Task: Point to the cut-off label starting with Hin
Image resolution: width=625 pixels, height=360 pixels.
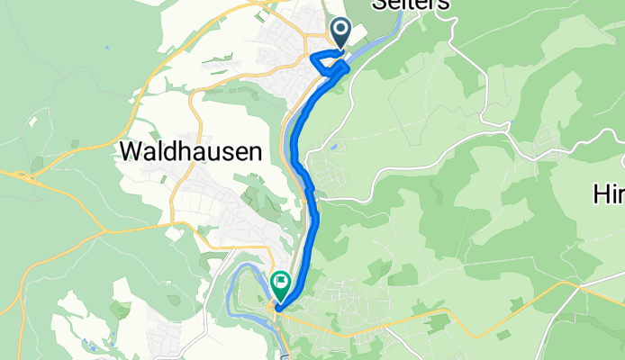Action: pyautogui.click(x=610, y=193)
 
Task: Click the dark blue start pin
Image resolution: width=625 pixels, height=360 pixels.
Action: pyautogui.click(x=341, y=33)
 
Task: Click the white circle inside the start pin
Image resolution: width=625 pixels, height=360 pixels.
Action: pyautogui.click(x=341, y=30)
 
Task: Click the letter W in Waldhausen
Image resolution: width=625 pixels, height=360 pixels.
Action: pyautogui.click(x=131, y=152)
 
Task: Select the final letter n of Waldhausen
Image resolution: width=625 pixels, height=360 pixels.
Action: pyautogui.click(x=254, y=152)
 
